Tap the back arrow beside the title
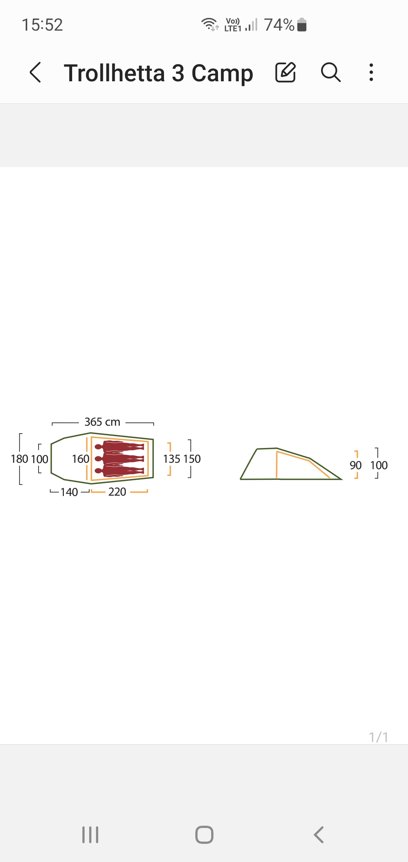[x=35, y=72]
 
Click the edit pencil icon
[x=285, y=72]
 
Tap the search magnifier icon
[x=331, y=72]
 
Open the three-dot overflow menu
[x=371, y=72]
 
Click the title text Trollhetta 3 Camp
[x=158, y=73]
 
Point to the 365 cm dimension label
[x=102, y=422]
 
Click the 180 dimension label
[x=20, y=459]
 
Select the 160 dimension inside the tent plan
[x=80, y=459]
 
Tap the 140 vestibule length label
[x=69, y=492]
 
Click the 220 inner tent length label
[x=117, y=492]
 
